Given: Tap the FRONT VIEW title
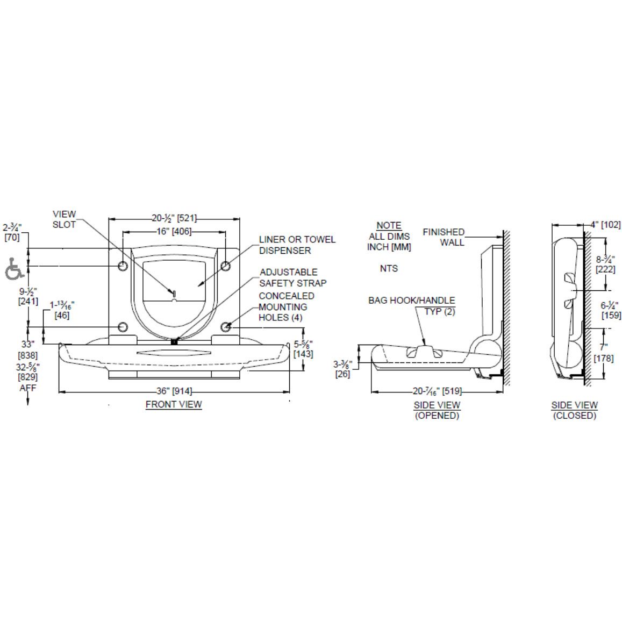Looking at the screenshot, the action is (x=174, y=404).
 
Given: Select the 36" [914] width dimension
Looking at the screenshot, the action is (x=174, y=391).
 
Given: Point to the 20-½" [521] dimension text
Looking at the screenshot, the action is (x=174, y=218).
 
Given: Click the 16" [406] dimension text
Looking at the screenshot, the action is (x=174, y=231).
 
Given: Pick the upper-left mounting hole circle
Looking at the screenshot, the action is (x=123, y=266).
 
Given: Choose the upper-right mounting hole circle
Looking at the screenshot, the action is (x=226, y=266).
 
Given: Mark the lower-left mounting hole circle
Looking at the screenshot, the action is (x=123, y=327).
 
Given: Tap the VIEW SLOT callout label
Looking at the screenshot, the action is (x=65, y=219).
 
